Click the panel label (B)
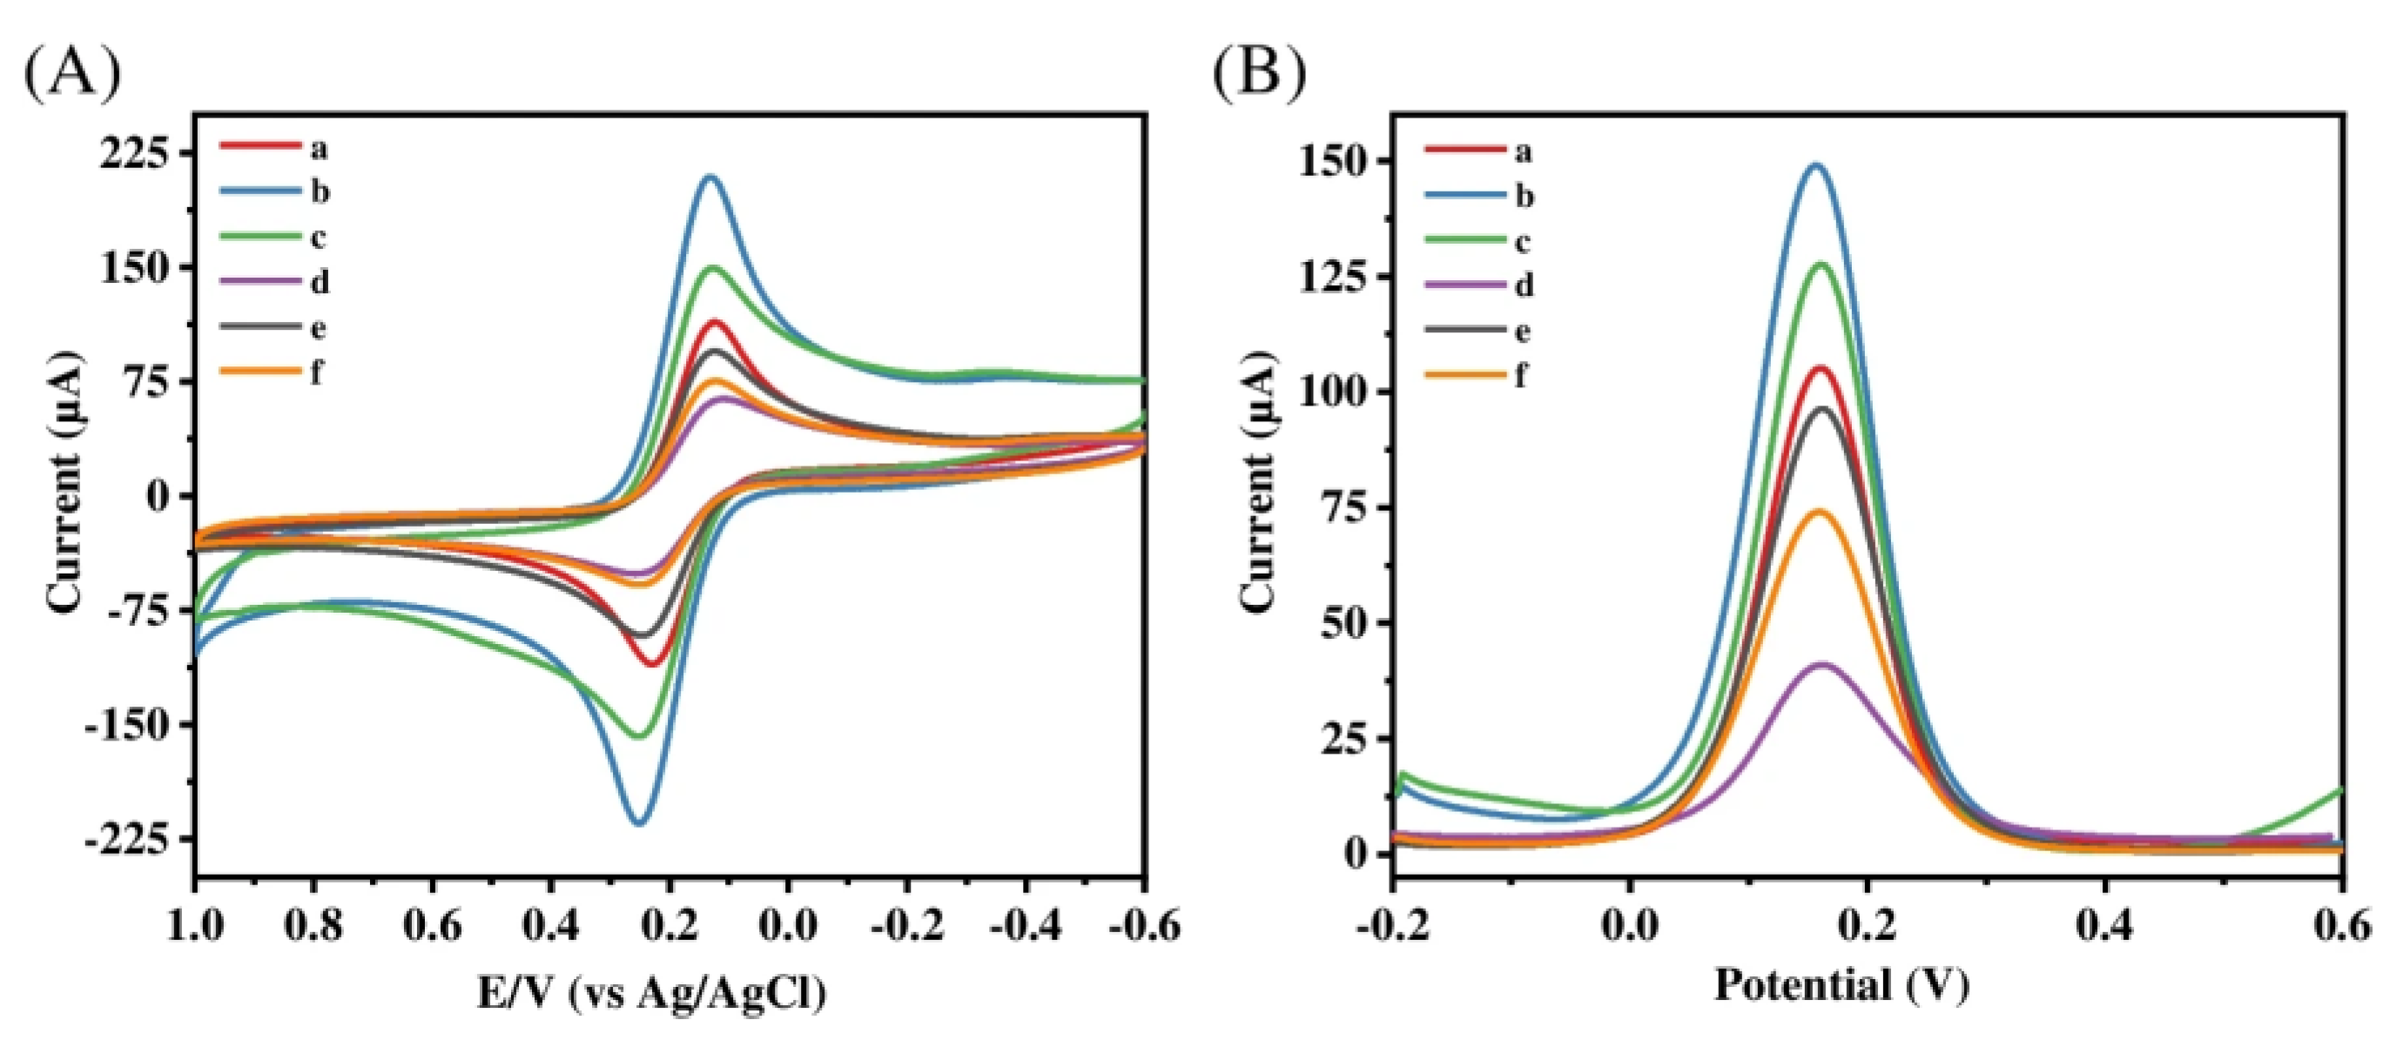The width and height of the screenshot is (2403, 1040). point(1258,75)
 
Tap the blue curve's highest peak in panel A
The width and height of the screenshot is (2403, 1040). point(710,177)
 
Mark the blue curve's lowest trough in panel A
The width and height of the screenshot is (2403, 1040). point(640,822)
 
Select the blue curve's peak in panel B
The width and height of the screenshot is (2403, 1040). point(1815,165)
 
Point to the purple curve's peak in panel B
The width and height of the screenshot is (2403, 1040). point(1821,664)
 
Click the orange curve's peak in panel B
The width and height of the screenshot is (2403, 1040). point(1818,511)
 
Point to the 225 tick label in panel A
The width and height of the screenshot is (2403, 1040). point(136,152)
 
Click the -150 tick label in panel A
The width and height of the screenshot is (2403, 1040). point(129,725)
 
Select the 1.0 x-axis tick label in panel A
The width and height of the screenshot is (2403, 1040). point(196,926)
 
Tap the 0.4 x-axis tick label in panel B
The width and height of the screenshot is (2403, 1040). point(2105,926)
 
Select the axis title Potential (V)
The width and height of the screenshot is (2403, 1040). point(1841,985)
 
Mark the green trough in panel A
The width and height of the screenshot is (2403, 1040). point(640,736)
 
